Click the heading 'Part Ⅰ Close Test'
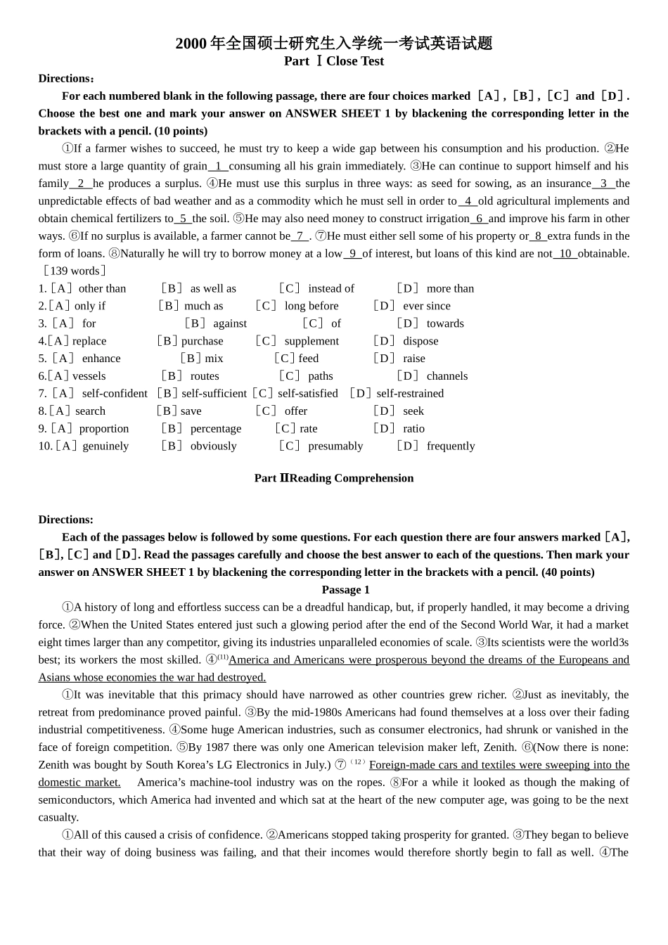pos(334,61)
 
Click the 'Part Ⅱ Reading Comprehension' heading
pos(334,478)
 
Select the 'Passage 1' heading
pos(345,590)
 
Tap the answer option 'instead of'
pos(331,288)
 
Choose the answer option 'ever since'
pos(426,306)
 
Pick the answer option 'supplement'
pos(311,341)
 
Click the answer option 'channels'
pos(447,376)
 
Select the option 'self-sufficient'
pos(214,394)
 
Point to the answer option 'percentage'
pos(215,429)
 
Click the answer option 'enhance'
pos(101,359)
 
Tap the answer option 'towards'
pos(445,323)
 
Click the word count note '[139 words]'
pos(74,271)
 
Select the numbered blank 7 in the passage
pos(300,236)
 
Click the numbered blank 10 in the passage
pos(565,254)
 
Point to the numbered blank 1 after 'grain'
pos(218,166)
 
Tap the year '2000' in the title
pos(191,44)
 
